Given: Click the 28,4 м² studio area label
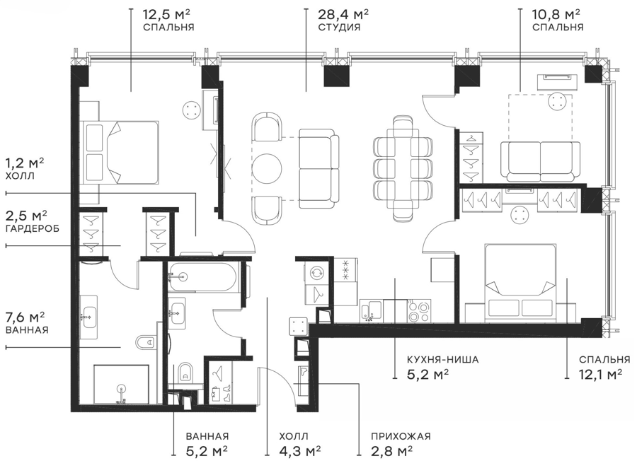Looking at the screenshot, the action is coord(343,15).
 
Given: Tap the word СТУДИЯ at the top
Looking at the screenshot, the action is coord(339,28).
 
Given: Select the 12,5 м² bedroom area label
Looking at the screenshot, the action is coord(166,15).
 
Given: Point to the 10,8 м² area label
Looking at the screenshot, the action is coord(556,15).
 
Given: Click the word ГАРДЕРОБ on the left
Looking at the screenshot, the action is coord(33,228).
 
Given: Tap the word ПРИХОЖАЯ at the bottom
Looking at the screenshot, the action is coord(401,436).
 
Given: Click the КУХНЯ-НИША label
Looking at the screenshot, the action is coord(443,360).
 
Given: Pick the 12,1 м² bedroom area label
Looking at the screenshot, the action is coord(600,373).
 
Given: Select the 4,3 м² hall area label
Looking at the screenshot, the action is coord(300,450).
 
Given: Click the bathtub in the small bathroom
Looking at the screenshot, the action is coord(202,277).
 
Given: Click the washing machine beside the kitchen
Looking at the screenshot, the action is coord(316,272).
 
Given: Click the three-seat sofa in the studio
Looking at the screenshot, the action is coord(319,168).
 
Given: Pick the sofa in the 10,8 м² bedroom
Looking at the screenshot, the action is coord(540,161).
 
